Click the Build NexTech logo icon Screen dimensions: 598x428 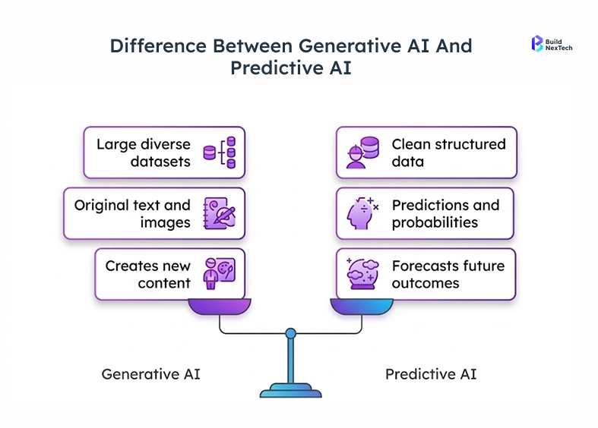click(537, 43)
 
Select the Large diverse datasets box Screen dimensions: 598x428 click(164, 153)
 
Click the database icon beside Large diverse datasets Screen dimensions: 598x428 click(220, 153)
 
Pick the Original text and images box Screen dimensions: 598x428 click(154, 213)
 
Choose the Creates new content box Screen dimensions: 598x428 click(169, 274)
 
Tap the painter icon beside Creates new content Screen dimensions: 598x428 click(220, 274)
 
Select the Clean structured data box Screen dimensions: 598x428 click(426, 153)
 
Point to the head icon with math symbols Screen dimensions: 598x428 click(362, 213)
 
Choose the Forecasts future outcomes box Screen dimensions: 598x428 click(426, 274)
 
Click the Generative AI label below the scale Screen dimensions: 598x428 click(151, 374)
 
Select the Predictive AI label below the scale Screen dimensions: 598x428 click(431, 374)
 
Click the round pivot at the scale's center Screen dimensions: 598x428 click(290, 332)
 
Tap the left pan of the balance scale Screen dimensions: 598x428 click(220, 306)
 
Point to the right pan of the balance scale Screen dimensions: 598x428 click(361, 306)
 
